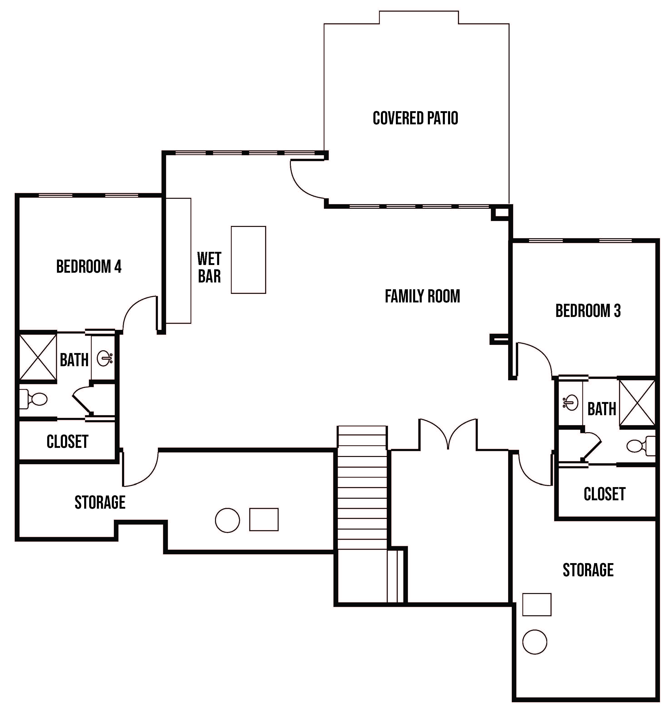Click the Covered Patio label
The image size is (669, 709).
coord(415,118)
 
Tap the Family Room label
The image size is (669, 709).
coord(423,296)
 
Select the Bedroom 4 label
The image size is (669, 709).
coord(89,266)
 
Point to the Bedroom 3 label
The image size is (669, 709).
coord(588,311)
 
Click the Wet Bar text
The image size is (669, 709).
coord(209,267)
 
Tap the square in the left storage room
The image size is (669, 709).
coord(264,519)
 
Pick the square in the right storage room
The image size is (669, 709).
coord(537,604)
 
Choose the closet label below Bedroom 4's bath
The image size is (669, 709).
coord(67,442)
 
